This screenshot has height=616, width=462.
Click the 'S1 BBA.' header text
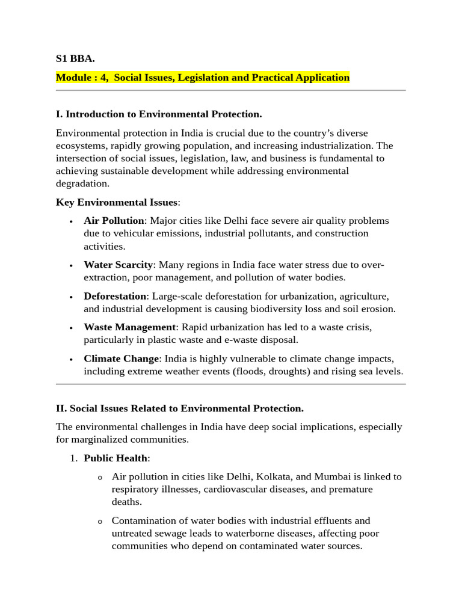tap(75, 59)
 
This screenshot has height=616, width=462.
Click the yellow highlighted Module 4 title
tap(202, 78)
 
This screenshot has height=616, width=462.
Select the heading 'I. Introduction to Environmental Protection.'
tap(159, 114)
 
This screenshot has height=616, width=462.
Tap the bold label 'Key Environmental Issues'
tap(116, 202)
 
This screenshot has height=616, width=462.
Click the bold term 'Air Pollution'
tap(114, 221)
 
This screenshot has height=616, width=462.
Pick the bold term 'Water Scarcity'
tap(119, 265)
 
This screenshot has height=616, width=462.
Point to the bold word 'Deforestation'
tap(115, 296)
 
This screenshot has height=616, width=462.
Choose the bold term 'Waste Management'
tap(129, 327)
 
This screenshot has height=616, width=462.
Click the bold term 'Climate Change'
tap(122, 359)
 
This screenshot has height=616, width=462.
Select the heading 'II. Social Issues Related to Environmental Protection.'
tap(180, 408)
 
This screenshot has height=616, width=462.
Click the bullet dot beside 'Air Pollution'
tap(72, 222)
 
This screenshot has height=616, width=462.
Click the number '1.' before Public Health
tap(73, 458)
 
